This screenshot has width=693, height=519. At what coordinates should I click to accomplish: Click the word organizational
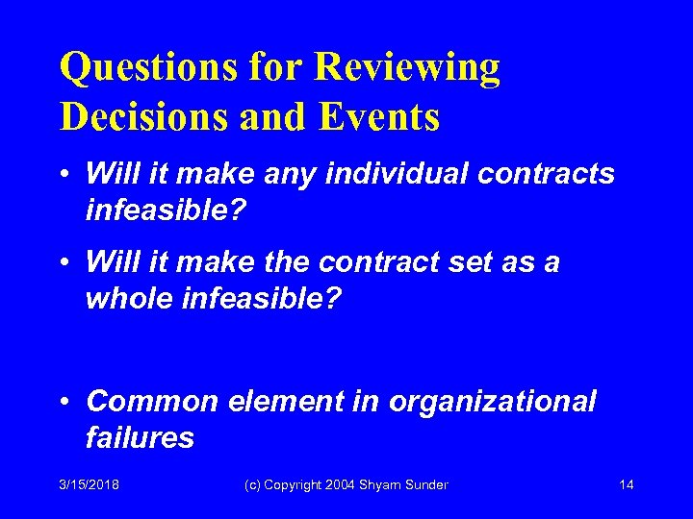(492, 401)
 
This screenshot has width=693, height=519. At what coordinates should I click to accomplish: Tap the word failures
(140, 437)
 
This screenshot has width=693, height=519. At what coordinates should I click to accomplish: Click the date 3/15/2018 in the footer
(89, 484)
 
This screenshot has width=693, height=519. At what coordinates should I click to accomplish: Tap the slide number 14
(627, 484)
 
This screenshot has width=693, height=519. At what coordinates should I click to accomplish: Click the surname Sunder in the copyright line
(426, 484)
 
